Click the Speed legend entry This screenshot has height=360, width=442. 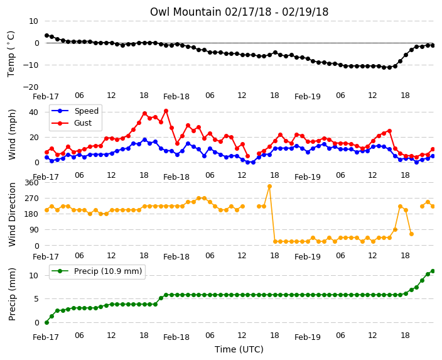(75, 111)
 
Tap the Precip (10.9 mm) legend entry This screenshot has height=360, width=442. (97, 271)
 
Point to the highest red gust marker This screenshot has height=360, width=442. (166, 111)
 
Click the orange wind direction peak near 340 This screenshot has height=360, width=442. (269, 187)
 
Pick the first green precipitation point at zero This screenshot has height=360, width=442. (47, 322)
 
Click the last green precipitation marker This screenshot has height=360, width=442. (433, 271)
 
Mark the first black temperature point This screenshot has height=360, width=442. (47, 36)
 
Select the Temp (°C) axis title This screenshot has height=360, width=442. (11, 54)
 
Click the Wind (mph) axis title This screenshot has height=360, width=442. (12, 134)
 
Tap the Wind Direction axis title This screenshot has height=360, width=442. (12, 214)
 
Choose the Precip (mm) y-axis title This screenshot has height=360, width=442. (12, 294)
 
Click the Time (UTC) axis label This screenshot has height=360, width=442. (239, 349)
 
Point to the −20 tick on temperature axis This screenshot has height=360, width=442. (30, 87)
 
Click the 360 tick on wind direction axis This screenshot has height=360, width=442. (31, 183)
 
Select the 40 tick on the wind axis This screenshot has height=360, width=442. (33, 112)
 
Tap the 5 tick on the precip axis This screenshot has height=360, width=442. (36, 299)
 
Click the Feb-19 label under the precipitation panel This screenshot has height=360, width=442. (308, 337)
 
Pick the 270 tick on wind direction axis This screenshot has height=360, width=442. (31, 199)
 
